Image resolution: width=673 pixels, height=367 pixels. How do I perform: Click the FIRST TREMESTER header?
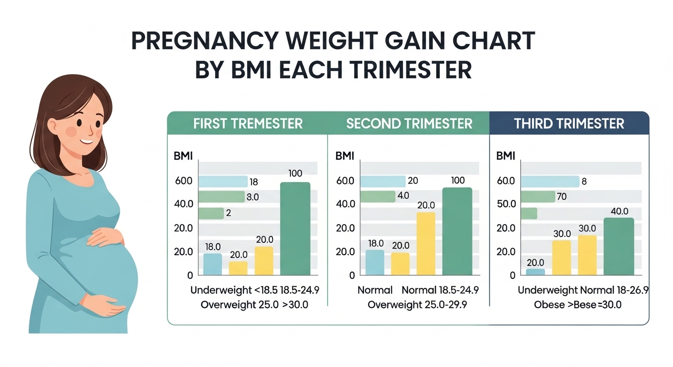tap(248, 123)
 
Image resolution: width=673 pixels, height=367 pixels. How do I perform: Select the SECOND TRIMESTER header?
tap(409, 123)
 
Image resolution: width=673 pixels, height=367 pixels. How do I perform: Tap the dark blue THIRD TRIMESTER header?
tap(569, 123)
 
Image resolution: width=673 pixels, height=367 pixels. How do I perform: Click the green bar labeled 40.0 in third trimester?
tap(619, 247)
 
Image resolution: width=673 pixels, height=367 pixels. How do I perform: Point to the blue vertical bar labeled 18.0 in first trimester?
tap(213, 264)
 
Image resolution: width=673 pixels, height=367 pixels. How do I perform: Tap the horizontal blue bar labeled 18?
tap(222, 182)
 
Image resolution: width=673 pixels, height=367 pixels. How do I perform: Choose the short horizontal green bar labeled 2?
tap(211, 213)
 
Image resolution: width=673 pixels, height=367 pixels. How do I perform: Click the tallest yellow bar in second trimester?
tap(426, 244)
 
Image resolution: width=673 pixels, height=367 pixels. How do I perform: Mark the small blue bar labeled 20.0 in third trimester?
tap(535, 272)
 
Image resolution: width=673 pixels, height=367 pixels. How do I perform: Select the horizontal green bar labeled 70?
tap(537, 196)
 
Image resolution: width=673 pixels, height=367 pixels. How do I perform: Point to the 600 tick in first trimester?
tap(184, 181)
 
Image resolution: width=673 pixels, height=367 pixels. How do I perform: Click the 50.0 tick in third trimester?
tap(506, 204)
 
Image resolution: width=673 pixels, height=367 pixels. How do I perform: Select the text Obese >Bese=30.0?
tap(577, 305)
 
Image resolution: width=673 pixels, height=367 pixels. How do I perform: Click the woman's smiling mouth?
tap(86, 141)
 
